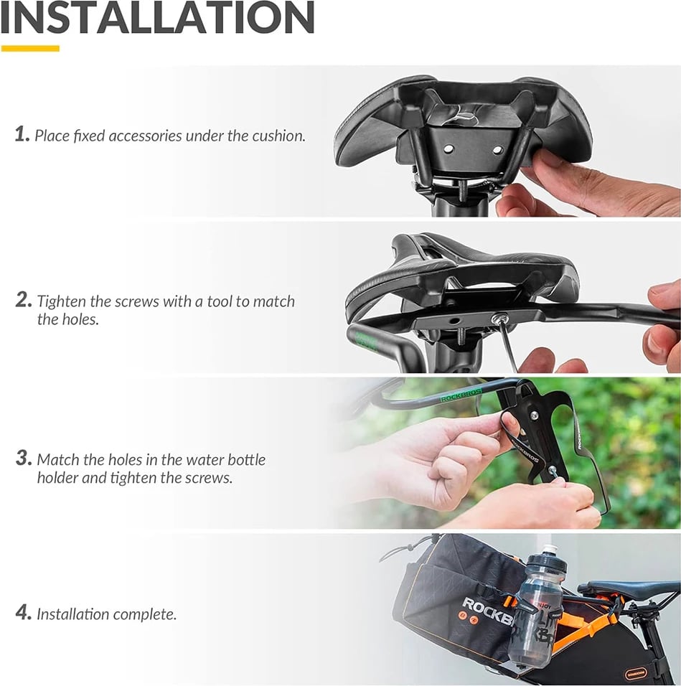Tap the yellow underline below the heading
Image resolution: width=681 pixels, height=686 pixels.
point(30,49)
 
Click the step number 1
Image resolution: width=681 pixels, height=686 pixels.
point(22,134)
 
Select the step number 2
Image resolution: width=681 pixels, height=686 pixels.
point(24,300)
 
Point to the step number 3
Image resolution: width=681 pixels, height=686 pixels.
point(24,458)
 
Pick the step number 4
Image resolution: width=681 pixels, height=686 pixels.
point(24,613)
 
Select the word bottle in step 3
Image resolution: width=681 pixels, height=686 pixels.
point(248,460)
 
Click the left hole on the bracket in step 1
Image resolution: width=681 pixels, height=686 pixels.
point(448,150)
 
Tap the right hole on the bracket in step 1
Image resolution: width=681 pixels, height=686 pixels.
point(497,150)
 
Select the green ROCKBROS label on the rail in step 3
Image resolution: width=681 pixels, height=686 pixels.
point(461,395)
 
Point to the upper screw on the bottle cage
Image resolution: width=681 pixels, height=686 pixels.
point(534,414)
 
